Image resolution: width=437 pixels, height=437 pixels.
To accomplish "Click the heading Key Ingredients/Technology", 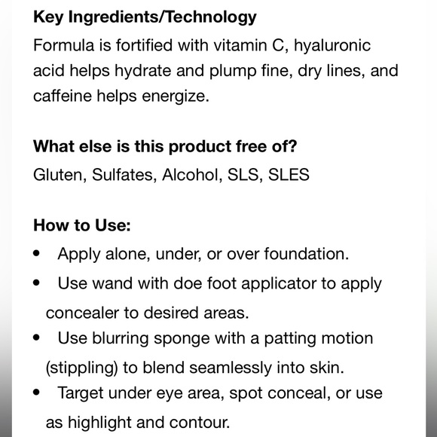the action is [x=145, y=17].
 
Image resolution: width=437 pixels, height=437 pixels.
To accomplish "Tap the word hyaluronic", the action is [x=332, y=45].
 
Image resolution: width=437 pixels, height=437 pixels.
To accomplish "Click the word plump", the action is [x=233, y=72].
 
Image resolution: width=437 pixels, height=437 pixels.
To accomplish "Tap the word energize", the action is [x=176, y=96].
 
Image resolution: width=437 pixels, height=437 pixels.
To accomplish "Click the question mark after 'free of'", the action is [x=292, y=146].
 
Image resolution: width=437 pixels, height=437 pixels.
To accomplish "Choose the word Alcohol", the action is [x=192, y=175].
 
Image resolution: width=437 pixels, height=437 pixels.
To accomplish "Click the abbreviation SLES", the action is [x=289, y=175].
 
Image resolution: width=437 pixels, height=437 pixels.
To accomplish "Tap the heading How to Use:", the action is [x=82, y=225].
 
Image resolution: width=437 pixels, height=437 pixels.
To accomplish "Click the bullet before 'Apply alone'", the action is [x=36, y=254].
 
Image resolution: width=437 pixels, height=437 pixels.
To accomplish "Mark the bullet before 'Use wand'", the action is [x=36, y=283].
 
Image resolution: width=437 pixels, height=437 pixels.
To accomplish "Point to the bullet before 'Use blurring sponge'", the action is [x=36, y=338].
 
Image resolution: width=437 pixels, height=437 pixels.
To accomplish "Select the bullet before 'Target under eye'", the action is [x=36, y=393].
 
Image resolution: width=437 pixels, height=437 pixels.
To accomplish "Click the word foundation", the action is [x=307, y=254].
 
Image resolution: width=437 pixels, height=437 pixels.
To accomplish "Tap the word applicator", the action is [x=279, y=284].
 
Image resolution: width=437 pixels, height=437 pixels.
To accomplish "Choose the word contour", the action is [x=200, y=423].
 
